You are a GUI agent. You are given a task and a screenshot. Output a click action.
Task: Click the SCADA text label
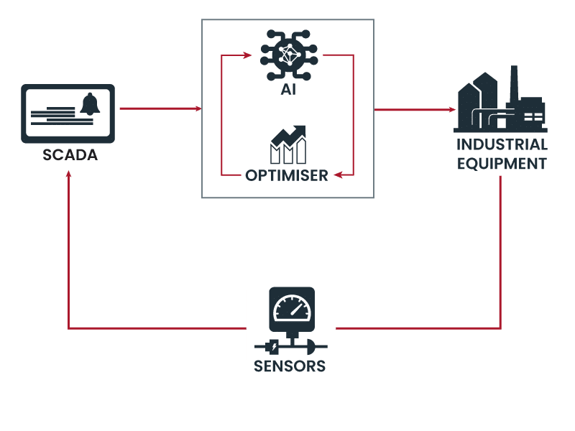[x=69, y=155]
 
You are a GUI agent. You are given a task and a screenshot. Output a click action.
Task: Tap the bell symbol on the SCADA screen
[x=90, y=105]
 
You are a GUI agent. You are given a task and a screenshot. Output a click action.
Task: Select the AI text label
[x=287, y=91]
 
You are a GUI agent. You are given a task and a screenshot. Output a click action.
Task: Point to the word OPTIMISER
[x=286, y=175]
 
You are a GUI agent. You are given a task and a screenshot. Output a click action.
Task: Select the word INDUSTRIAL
[x=502, y=145]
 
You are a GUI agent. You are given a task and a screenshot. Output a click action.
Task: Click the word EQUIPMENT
[x=502, y=164]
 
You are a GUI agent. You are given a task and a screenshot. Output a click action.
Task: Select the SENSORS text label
[x=290, y=367]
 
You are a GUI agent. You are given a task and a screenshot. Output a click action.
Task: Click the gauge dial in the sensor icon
[x=291, y=308]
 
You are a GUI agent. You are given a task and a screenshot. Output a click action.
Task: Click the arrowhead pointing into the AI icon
[x=247, y=55]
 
